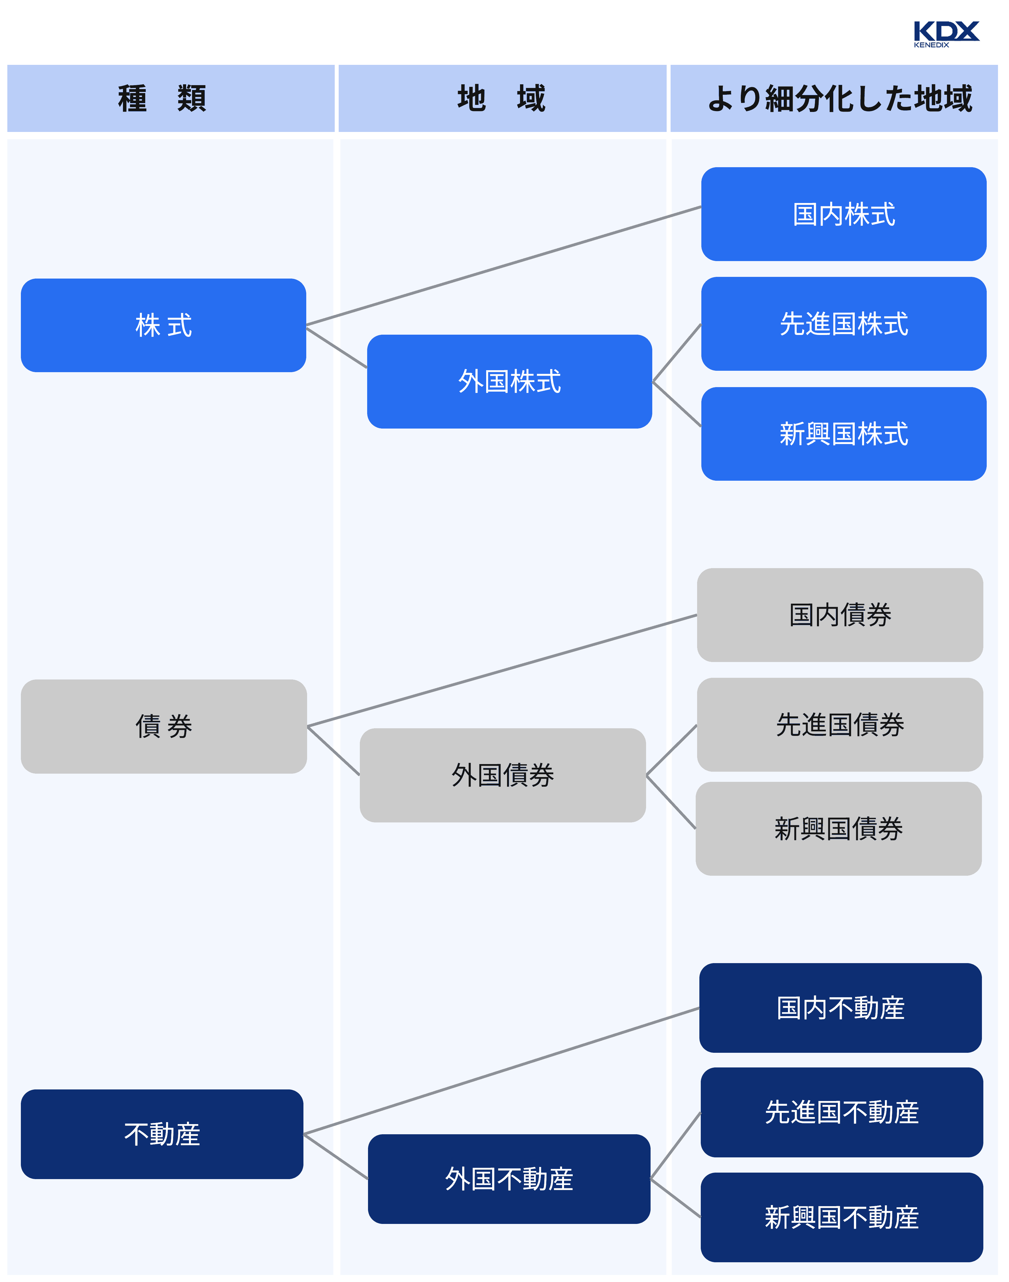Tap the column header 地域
502,98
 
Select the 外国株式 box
509,381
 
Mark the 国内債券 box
840,615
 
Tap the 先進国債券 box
840,725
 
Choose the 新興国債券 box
838,828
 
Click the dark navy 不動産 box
162,1134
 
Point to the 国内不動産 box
840,1007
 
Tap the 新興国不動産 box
841,1217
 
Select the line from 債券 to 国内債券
502,670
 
